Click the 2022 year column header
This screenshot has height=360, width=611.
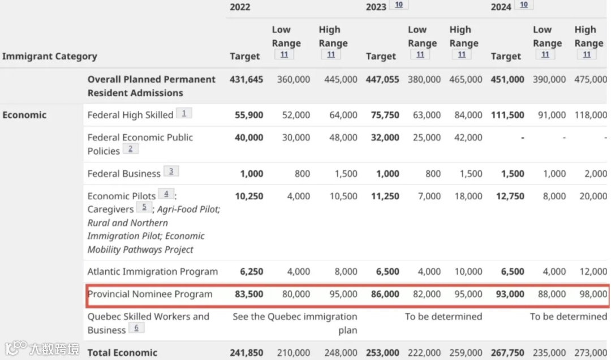(240, 7)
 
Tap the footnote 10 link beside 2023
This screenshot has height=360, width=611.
(398, 5)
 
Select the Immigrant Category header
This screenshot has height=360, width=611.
(50, 56)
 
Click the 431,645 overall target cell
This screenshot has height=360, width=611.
(246, 79)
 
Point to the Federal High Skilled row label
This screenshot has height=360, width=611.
(130, 115)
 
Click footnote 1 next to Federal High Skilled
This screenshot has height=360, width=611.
(184, 113)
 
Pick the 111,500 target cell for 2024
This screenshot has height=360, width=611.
(507, 115)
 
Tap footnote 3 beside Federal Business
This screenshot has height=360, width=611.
(171, 171)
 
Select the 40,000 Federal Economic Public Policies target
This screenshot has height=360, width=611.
(248, 138)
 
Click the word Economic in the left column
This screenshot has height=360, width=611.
(24, 115)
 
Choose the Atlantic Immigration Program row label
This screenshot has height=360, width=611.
(152, 272)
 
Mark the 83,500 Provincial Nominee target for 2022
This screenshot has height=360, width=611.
(248, 294)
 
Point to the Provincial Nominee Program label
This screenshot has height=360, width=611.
(150, 294)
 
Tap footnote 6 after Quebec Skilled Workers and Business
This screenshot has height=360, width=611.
(136, 328)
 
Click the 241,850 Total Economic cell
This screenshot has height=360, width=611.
(246, 353)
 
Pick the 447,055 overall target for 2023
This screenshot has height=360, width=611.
(382, 79)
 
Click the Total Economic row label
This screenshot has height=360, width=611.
(122, 353)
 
